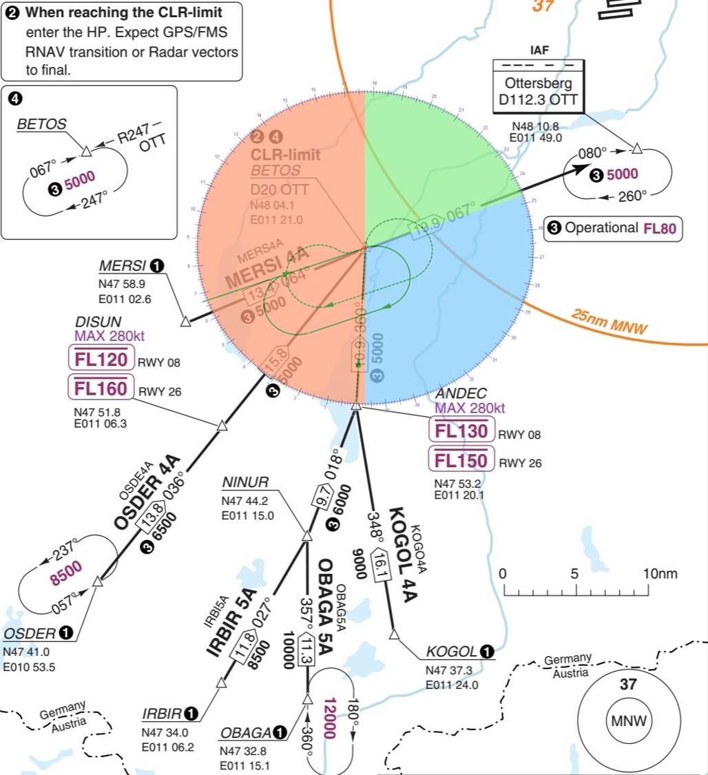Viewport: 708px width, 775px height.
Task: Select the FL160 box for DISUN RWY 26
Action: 101,389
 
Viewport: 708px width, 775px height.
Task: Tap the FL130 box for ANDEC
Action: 461,431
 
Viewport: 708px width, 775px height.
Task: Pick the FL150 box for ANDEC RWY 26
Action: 461,460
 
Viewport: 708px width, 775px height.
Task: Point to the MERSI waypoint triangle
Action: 185,321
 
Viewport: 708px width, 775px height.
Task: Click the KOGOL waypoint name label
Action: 451,652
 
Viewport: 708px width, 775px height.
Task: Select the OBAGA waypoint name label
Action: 247,732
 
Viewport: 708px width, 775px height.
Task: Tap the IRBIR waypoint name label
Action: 162,713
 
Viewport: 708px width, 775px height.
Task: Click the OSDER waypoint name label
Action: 30,633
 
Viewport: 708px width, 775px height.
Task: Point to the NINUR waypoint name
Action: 245,482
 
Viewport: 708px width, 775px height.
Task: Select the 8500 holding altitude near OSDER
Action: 66,573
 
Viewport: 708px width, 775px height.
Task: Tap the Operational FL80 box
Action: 613,229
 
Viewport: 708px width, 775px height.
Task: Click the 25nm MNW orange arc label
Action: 609,321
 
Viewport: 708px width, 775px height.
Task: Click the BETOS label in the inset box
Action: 42,125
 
